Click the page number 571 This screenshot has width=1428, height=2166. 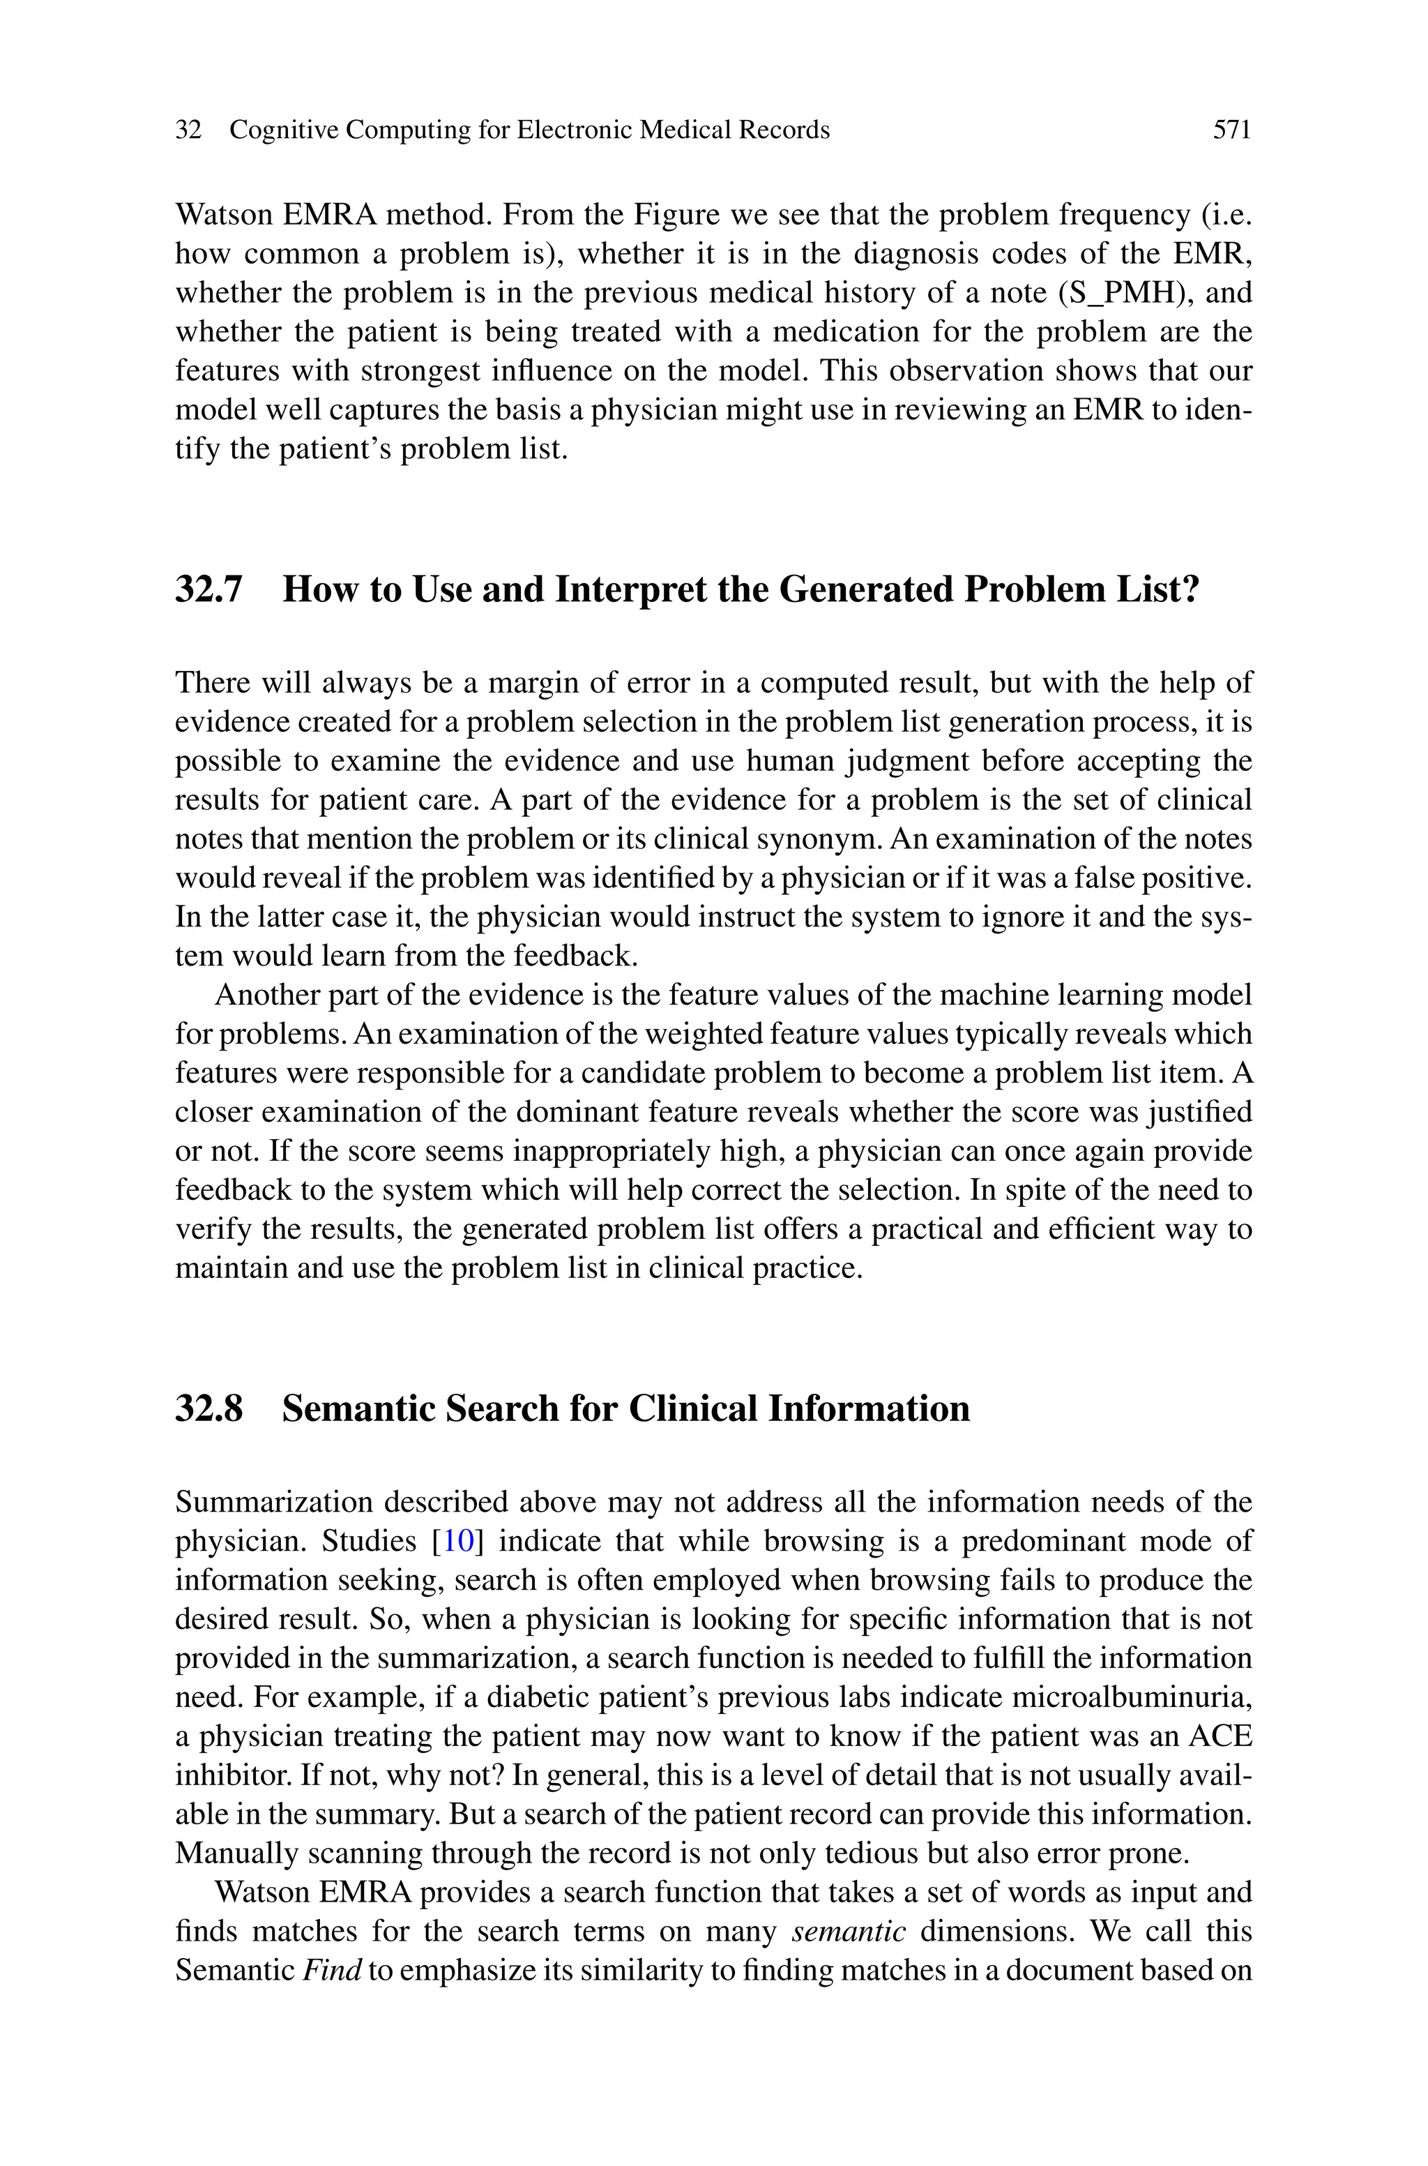click(x=1231, y=130)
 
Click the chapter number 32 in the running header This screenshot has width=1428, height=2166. click(x=188, y=130)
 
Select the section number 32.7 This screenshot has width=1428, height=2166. click(x=208, y=590)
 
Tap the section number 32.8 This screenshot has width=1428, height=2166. click(x=208, y=1408)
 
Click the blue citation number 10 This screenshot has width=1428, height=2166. click(x=459, y=1541)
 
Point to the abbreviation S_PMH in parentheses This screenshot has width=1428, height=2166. click(x=1125, y=293)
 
